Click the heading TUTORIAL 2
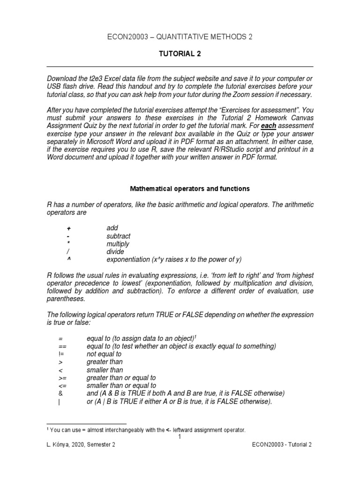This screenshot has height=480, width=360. pyautogui.click(x=180, y=54)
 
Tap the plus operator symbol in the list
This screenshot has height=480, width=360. pyautogui.click(x=68, y=228)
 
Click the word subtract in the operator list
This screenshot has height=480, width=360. pyautogui.click(x=118, y=236)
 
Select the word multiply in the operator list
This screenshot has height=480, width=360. pyautogui.click(x=118, y=244)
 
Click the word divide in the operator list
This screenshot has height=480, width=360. pyautogui.click(x=115, y=252)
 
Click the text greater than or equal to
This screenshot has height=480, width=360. pyautogui.click(x=121, y=378)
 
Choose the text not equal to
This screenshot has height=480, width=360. pyautogui.click(x=104, y=354)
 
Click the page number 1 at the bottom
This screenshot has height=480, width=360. pyautogui.click(x=180, y=437)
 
